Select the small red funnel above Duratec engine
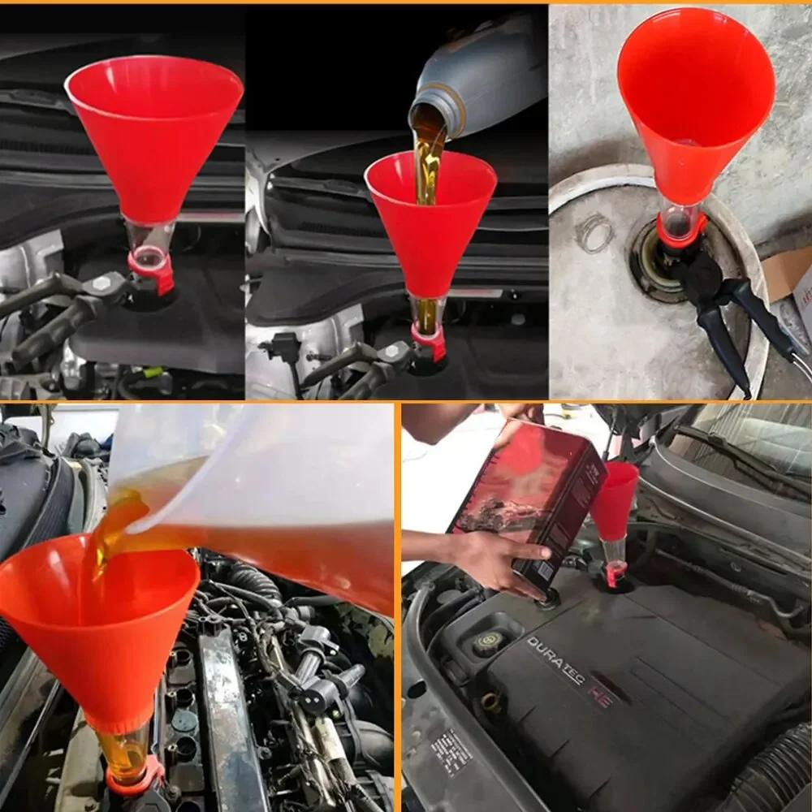point(615,499)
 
